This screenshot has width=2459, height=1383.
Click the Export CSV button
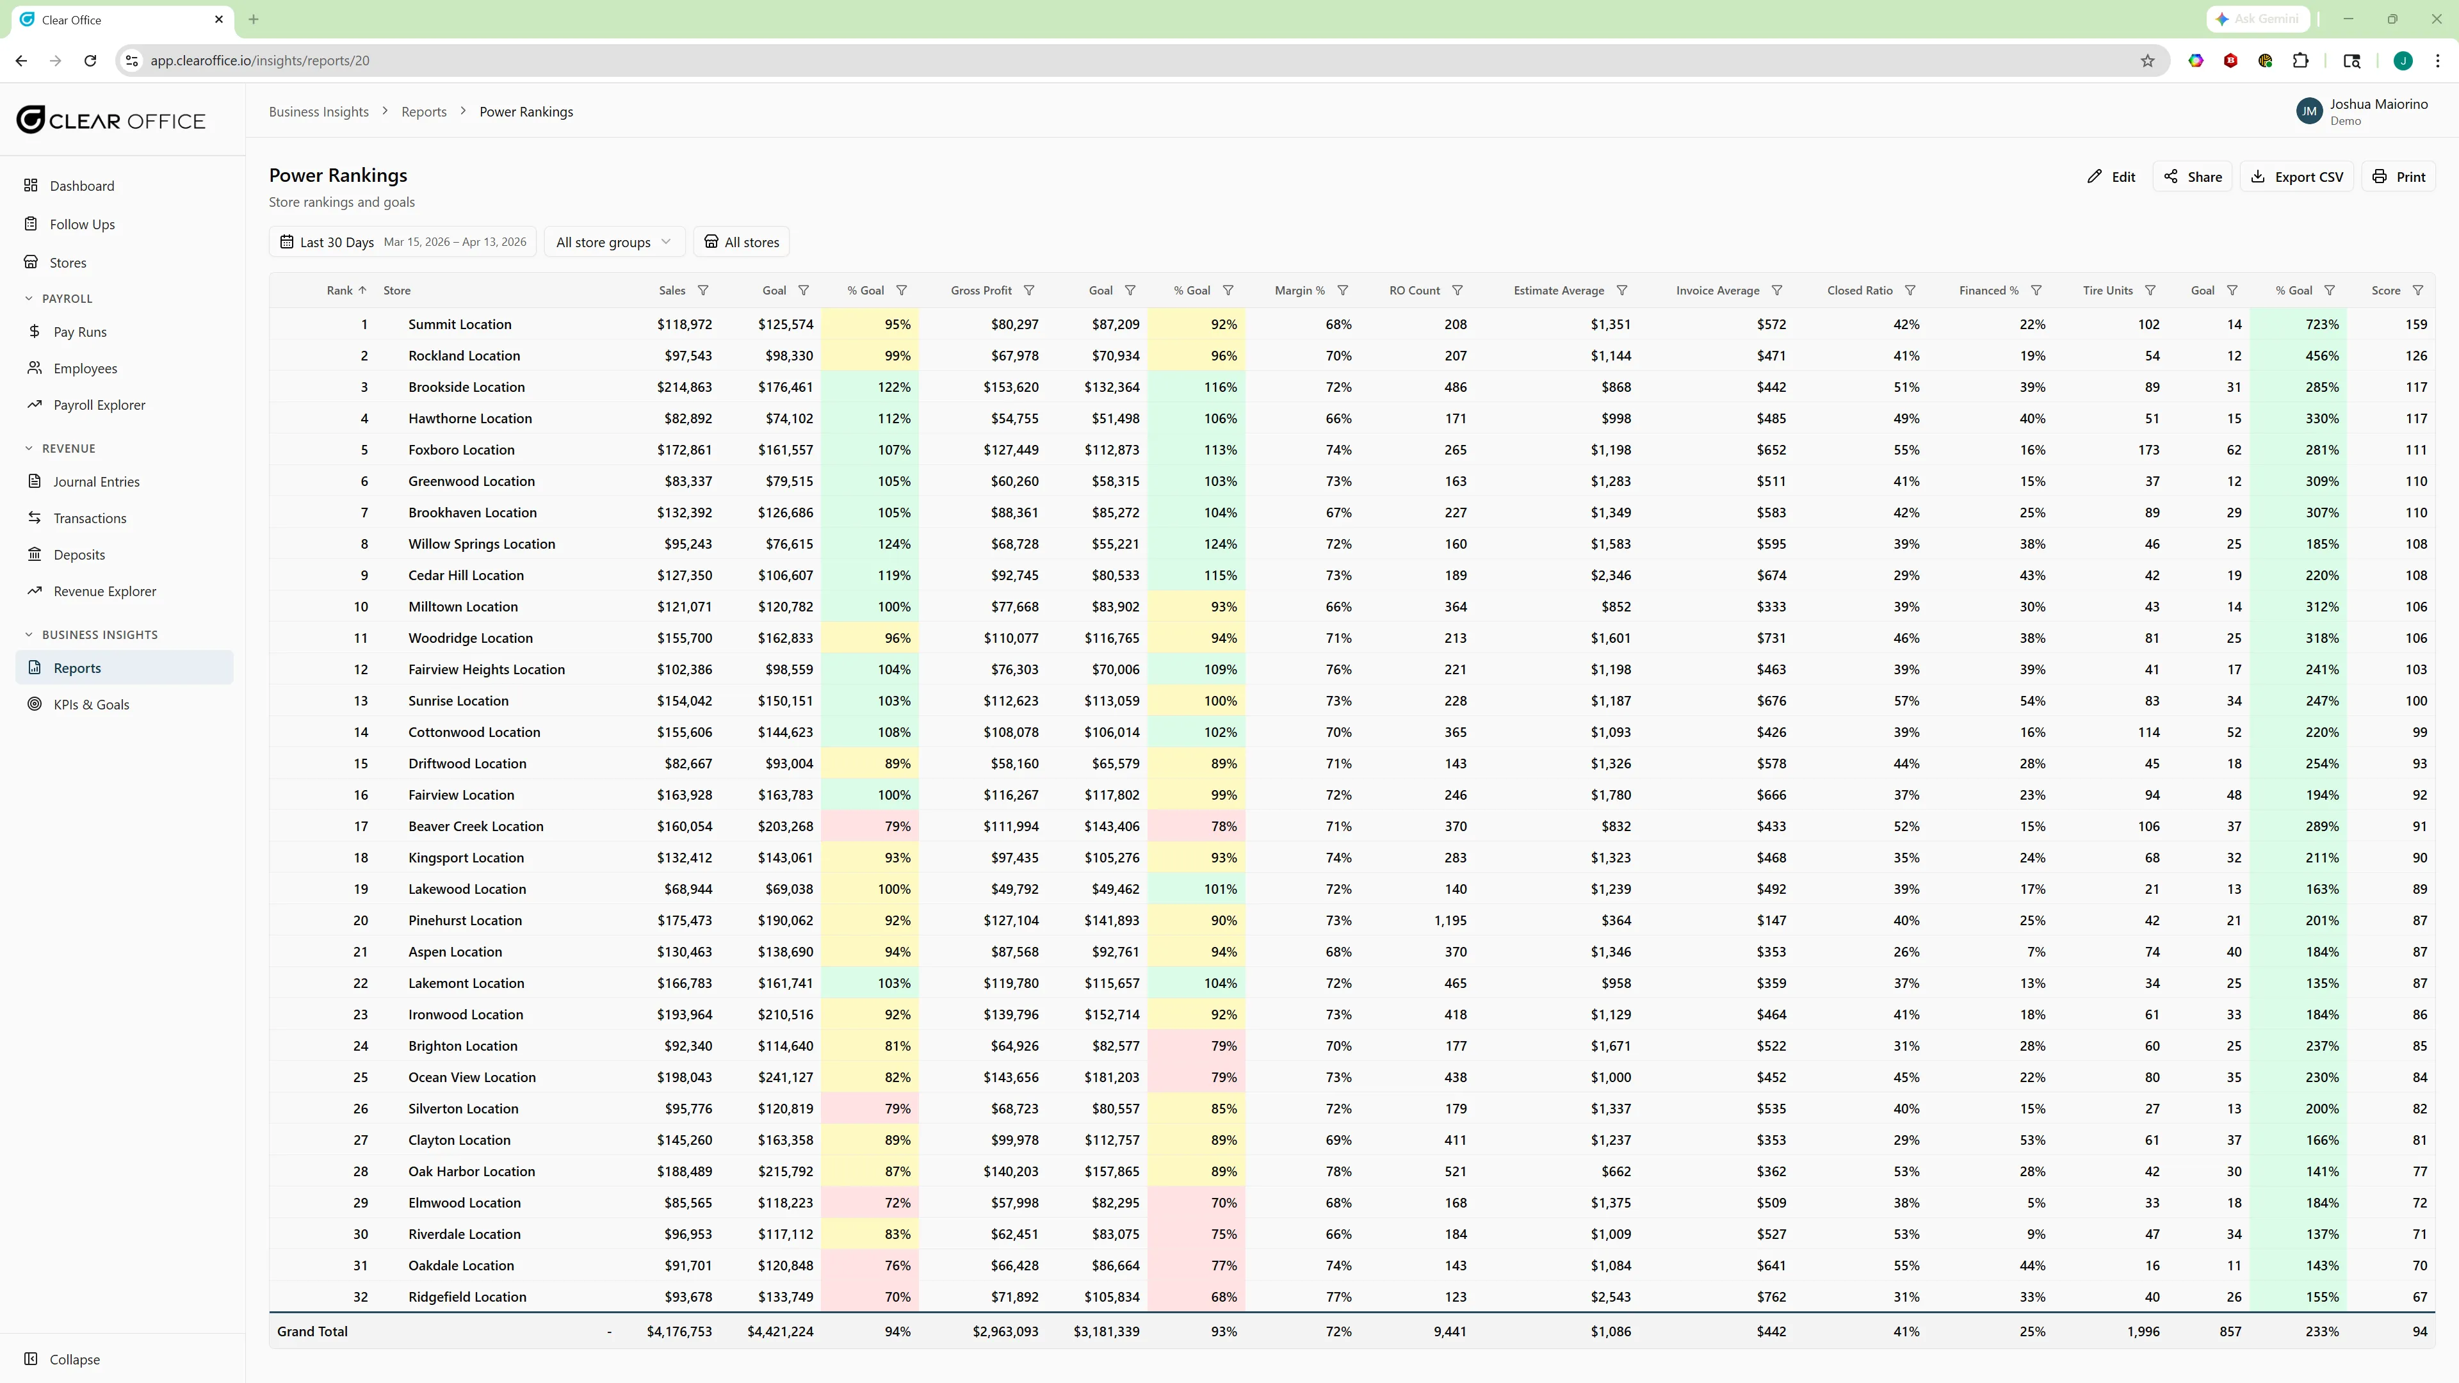coord(2297,177)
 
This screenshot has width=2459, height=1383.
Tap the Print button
coord(2398,177)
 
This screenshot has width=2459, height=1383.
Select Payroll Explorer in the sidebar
coord(99,405)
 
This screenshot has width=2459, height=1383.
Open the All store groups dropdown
coord(613,243)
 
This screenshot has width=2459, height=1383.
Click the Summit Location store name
coord(459,325)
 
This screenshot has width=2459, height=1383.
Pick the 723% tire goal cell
coord(2321,325)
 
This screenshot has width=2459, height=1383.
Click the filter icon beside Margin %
coord(1342,290)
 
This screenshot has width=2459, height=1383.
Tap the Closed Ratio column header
coord(1858,290)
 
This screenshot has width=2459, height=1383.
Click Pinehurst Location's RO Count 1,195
coord(1449,920)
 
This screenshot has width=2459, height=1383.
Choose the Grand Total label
coord(312,1332)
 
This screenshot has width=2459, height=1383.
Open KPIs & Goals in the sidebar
coord(91,704)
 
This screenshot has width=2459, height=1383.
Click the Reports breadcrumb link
coord(424,111)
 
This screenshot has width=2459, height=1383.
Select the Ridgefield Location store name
coord(467,1297)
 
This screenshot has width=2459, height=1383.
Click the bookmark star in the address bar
coord(2148,61)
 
